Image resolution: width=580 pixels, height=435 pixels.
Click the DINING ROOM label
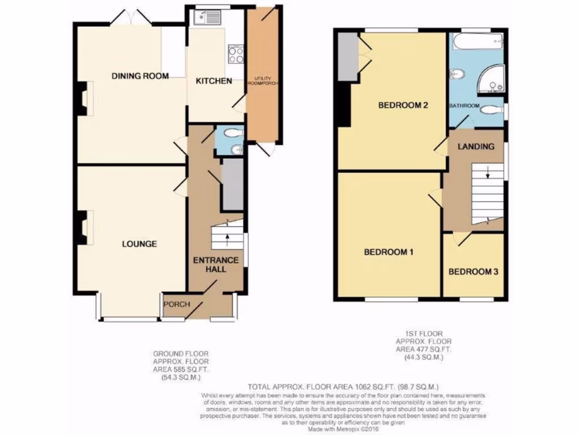(140, 76)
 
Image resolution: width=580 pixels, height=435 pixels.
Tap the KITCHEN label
(214, 81)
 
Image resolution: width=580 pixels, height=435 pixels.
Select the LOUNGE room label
(139, 244)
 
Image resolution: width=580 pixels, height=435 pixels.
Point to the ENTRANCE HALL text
(216, 265)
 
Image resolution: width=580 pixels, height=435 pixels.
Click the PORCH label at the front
(176, 305)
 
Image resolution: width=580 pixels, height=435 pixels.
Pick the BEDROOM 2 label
(402, 105)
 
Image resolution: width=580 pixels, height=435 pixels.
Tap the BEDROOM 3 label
(473, 272)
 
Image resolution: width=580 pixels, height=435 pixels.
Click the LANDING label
(476, 146)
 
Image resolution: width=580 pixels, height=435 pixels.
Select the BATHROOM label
(464, 106)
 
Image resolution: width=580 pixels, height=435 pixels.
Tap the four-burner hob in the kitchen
(236, 54)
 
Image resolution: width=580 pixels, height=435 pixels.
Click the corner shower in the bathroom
(492, 79)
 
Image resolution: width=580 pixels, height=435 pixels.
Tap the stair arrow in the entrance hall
(227, 237)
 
